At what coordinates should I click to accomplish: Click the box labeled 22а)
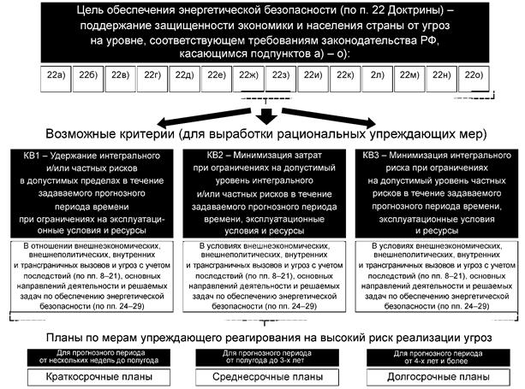[x=56, y=76]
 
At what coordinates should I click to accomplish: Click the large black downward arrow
[x=265, y=114]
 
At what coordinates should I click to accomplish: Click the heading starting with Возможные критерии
[x=265, y=135]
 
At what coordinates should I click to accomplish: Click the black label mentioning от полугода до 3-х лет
[x=265, y=355]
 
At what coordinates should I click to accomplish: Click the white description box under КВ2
[x=265, y=274]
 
